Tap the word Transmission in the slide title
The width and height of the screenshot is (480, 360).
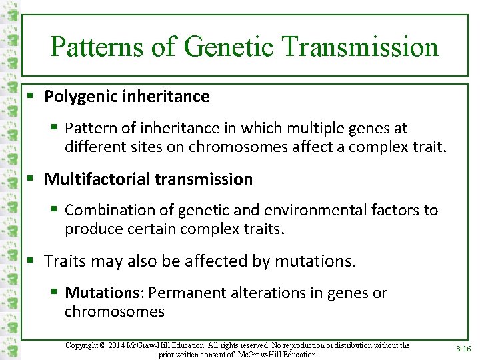[360, 47]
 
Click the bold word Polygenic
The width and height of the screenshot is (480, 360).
[81, 97]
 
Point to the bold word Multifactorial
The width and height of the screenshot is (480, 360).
[96, 179]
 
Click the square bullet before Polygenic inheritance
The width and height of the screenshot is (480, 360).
[31, 97]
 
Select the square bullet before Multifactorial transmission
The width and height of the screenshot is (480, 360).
[31, 179]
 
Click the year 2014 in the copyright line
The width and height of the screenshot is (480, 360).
[123, 345]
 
